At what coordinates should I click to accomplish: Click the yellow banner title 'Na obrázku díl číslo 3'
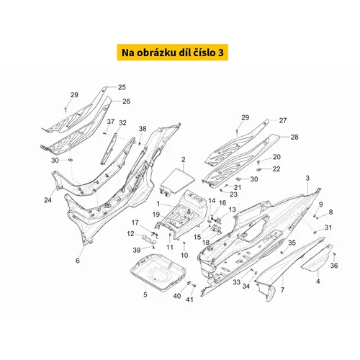[173, 53]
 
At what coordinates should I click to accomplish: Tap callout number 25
[122, 87]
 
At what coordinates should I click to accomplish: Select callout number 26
[126, 102]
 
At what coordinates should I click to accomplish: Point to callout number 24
[48, 199]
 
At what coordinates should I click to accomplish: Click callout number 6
[78, 261]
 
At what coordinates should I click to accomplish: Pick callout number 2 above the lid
[184, 160]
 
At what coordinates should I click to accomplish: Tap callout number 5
[145, 294]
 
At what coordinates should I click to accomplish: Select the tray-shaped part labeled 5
[158, 272]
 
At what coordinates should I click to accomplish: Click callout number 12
[130, 233]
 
